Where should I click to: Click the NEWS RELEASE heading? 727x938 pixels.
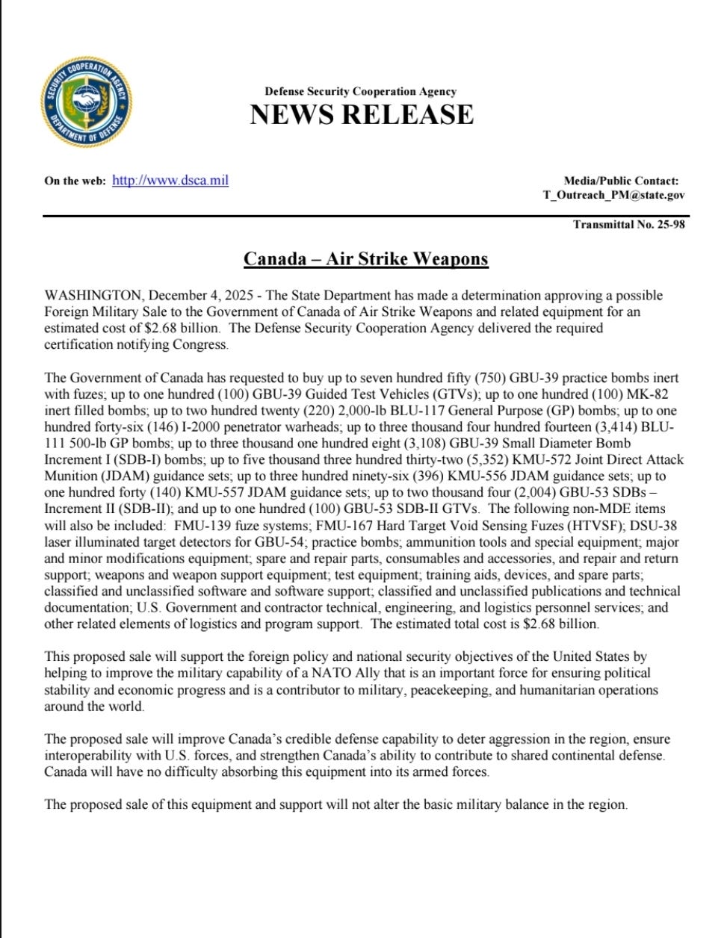point(361,114)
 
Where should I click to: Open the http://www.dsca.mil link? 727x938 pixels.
point(170,180)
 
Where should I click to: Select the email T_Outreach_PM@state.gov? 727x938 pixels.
point(613,195)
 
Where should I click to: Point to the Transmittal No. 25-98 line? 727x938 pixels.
point(628,224)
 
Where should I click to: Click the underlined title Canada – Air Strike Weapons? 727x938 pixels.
point(365,259)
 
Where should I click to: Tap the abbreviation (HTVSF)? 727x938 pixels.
point(593,525)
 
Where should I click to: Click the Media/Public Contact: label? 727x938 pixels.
point(621,180)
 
